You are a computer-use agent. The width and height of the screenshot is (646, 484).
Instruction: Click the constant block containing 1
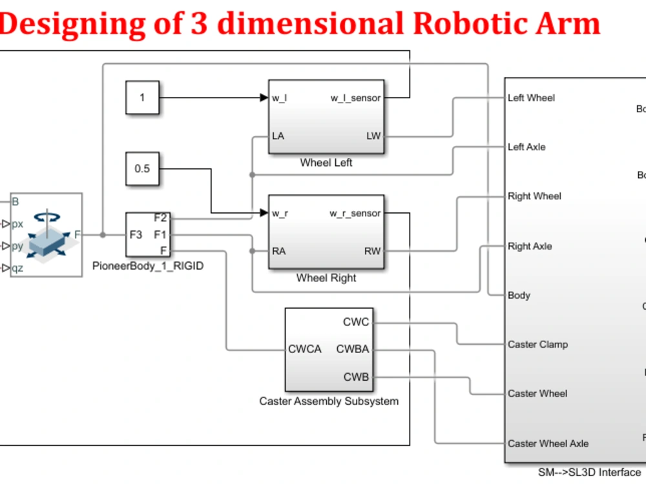pyautogui.click(x=142, y=98)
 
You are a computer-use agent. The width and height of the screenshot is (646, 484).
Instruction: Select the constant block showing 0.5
pyautogui.click(x=142, y=168)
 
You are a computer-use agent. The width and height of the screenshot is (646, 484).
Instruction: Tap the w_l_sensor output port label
pyautogui.click(x=355, y=98)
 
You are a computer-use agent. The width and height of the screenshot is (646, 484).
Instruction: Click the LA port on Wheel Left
pyautogui.click(x=278, y=136)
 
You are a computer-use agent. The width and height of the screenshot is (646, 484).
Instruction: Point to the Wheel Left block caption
pyautogui.click(x=326, y=163)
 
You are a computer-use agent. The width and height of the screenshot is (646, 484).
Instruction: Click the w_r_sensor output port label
pyautogui.click(x=355, y=214)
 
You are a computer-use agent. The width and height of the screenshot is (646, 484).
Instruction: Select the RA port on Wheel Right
pyautogui.click(x=279, y=251)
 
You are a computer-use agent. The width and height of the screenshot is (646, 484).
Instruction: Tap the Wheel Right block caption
pyautogui.click(x=326, y=278)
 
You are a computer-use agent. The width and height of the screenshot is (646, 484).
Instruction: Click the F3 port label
pyautogui.click(x=136, y=234)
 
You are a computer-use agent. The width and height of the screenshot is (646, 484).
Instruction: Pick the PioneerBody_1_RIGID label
pyautogui.click(x=148, y=265)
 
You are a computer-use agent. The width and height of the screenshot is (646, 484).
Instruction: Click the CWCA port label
pyautogui.click(x=305, y=350)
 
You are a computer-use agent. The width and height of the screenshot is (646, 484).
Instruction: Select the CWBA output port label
pyautogui.click(x=353, y=350)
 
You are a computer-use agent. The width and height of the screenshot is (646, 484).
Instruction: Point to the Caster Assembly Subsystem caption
pyautogui.click(x=329, y=401)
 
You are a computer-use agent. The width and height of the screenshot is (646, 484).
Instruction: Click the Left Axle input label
pyautogui.click(x=526, y=147)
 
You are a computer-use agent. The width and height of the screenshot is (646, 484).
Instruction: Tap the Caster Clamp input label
pyautogui.click(x=537, y=345)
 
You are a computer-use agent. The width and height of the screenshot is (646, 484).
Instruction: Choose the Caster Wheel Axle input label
pyautogui.click(x=548, y=443)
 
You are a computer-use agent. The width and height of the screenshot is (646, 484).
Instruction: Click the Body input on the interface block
pyautogui.click(x=519, y=295)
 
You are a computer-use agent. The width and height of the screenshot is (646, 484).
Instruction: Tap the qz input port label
pyautogui.click(x=17, y=268)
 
